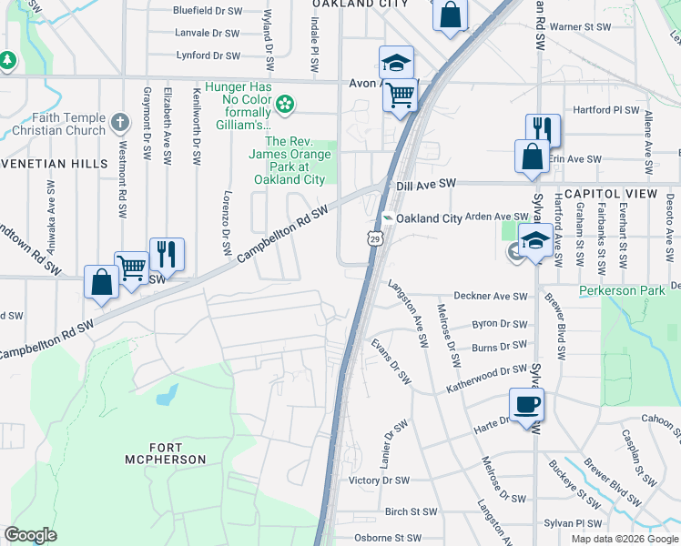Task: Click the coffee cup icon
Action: pyautogui.click(x=527, y=404)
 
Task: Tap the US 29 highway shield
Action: pyautogui.click(x=374, y=238)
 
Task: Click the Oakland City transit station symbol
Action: pyautogui.click(x=388, y=218)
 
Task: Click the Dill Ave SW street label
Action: pyautogui.click(x=425, y=185)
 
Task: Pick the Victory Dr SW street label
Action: pyautogui.click(x=380, y=480)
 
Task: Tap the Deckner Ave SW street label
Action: pyautogui.click(x=491, y=297)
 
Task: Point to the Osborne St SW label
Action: pyautogui.click(x=389, y=538)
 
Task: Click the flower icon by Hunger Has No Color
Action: pyautogui.click(x=285, y=105)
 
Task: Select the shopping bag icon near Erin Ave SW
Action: pyautogui.click(x=532, y=156)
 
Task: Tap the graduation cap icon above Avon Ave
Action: pyautogui.click(x=396, y=62)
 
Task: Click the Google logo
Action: pyautogui.click(x=30, y=534)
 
